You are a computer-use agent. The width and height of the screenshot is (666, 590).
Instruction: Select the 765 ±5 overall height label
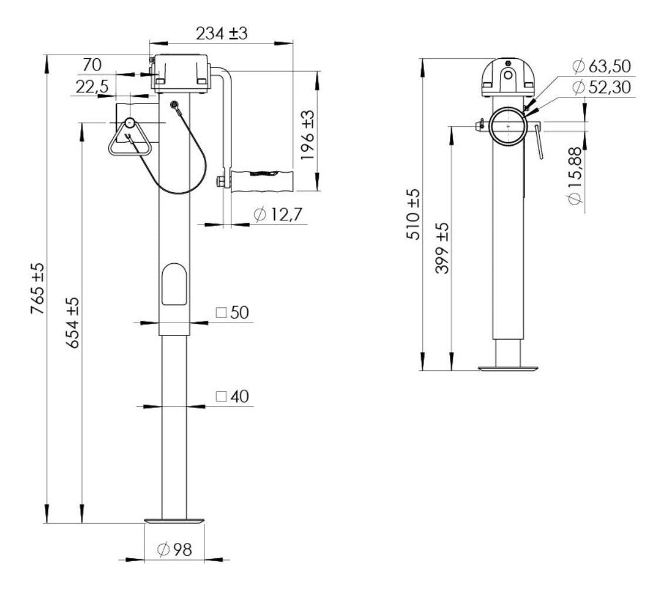[37, 290]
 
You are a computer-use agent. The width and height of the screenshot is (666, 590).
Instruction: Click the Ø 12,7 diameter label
[277, 216]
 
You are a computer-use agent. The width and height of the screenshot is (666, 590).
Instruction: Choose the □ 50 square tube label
[232, 313]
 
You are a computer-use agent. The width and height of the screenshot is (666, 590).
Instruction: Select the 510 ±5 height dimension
[413, 214]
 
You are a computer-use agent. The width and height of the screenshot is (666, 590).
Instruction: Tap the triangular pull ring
[129, 139]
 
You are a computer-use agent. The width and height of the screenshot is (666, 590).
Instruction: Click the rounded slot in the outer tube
[174, 284]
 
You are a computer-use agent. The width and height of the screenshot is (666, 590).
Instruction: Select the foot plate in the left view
[174, 521]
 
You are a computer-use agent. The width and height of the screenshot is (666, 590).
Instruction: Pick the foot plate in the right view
[507, 369]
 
